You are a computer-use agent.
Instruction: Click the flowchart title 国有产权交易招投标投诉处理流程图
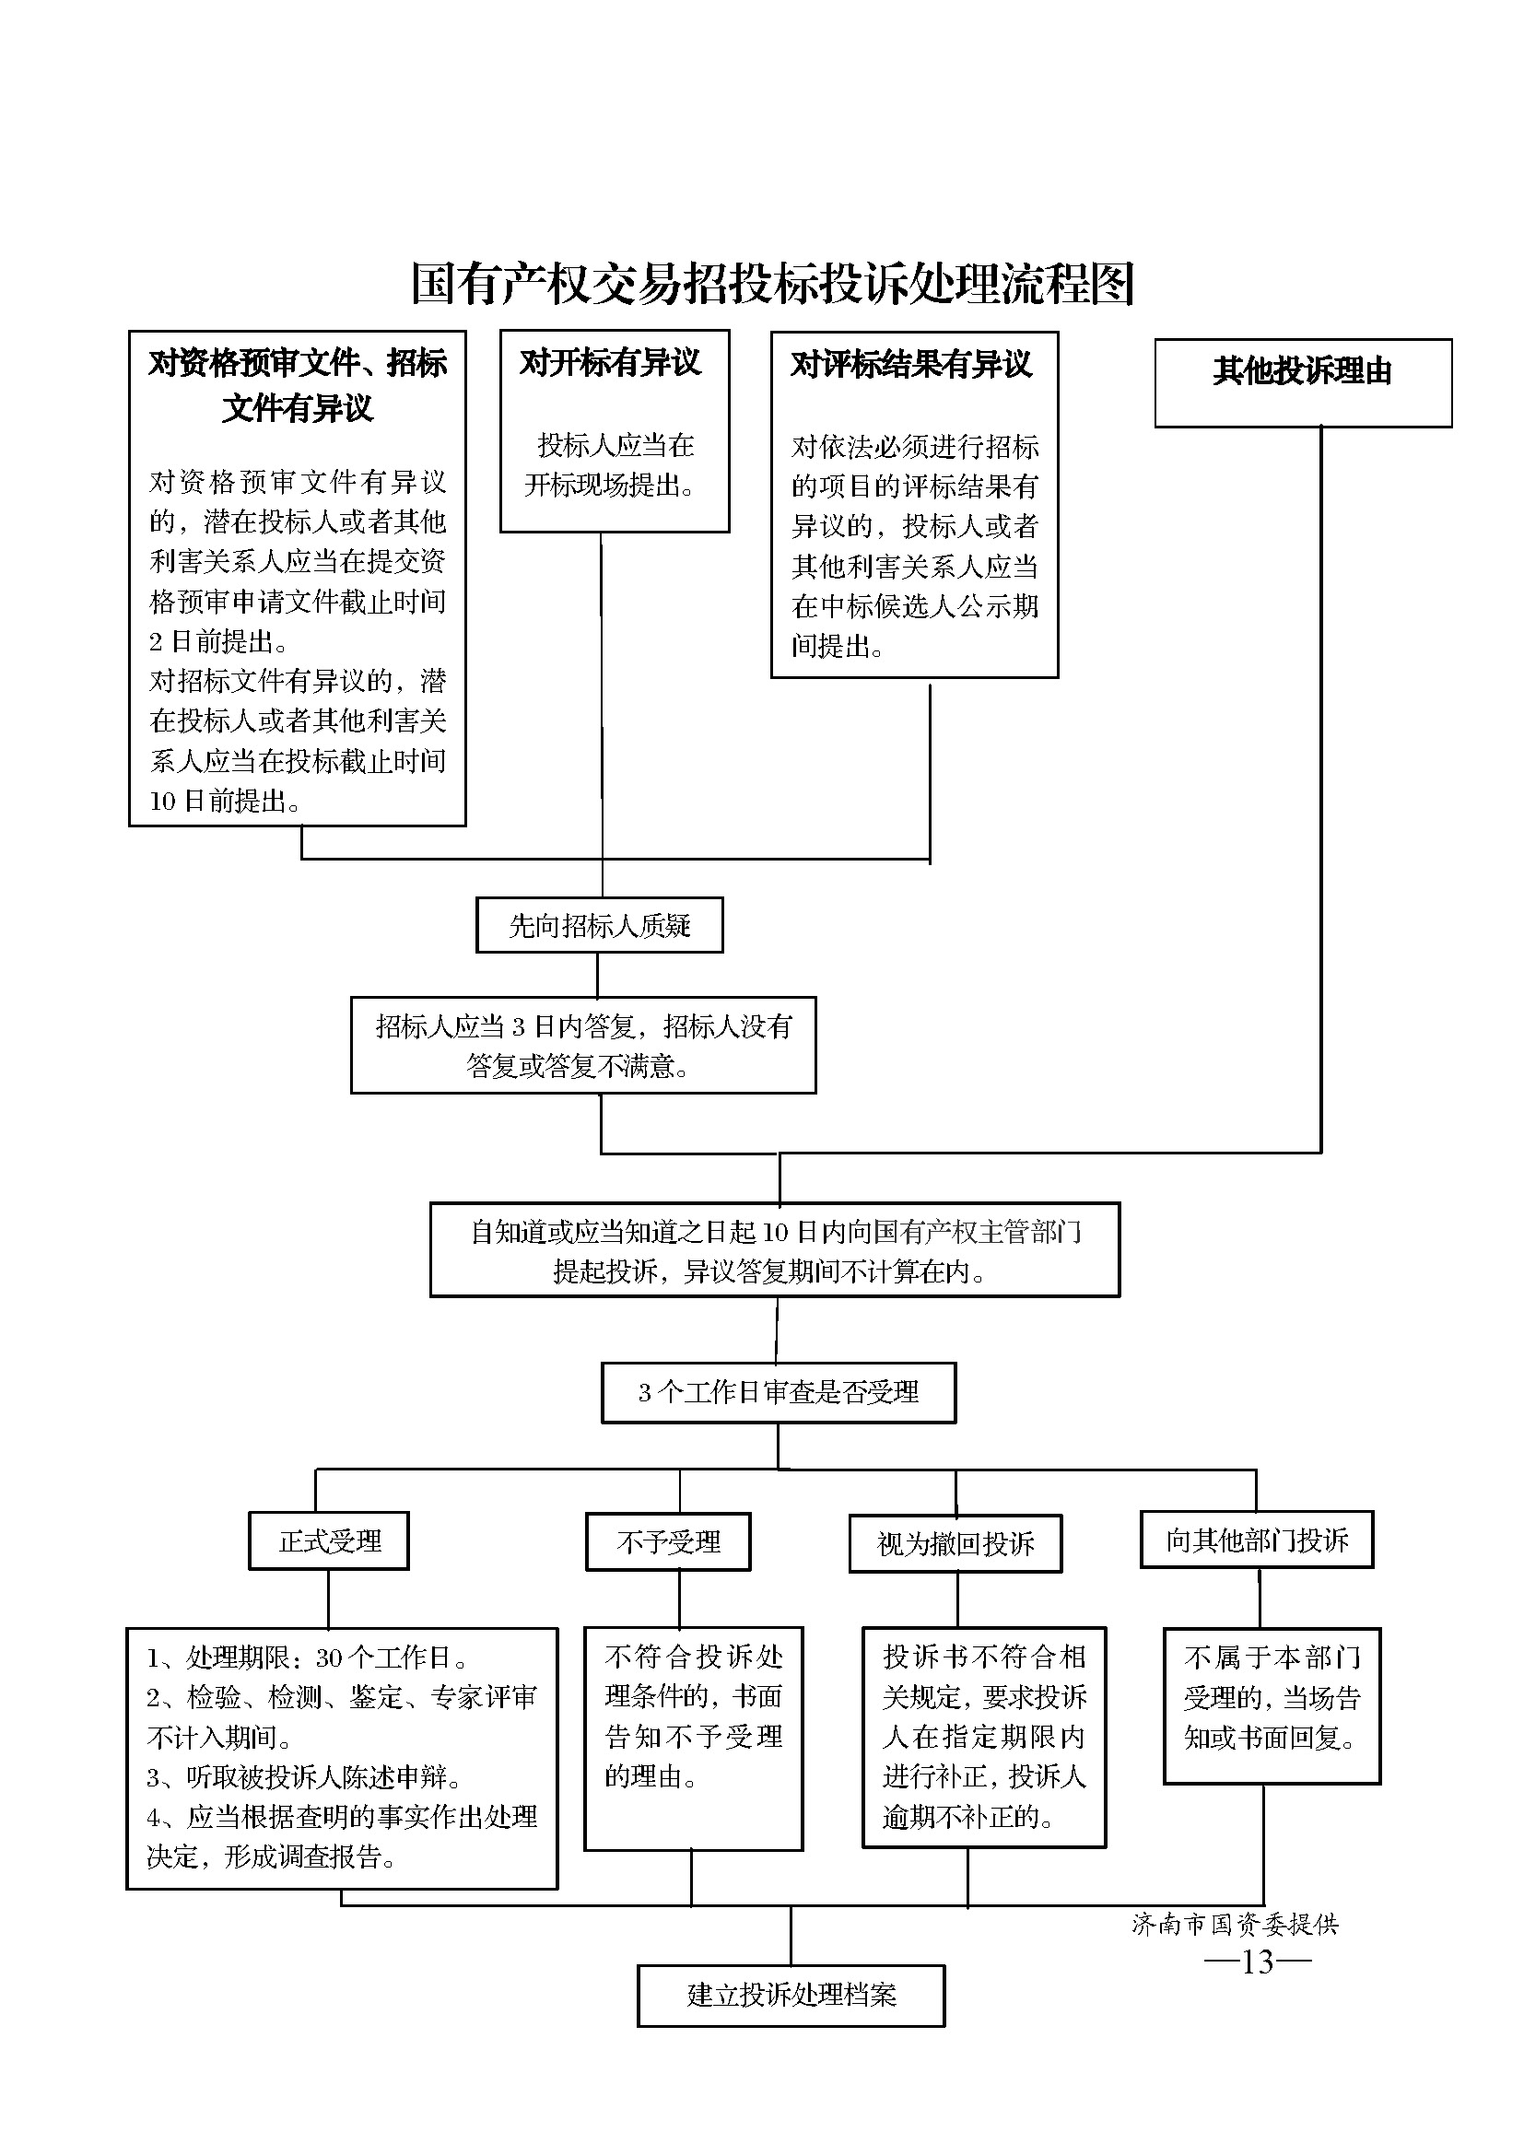773,284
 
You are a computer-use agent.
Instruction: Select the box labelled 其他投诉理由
1303,383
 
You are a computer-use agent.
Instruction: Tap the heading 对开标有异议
610,362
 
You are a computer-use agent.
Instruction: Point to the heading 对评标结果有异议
911,364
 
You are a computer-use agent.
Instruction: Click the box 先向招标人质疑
600,925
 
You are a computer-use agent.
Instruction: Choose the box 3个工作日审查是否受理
778,1393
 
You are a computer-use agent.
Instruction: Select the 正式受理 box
328,1541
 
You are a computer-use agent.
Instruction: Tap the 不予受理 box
668,1542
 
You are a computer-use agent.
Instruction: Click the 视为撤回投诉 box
955,1544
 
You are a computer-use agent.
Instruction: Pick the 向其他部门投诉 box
1257,1540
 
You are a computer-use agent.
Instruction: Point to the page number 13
1258,1961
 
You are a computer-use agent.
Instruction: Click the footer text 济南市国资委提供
1235,1924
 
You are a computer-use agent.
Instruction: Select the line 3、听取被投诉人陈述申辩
304,1777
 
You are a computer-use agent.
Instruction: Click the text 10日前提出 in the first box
225,801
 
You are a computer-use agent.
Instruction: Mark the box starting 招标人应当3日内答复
583,1046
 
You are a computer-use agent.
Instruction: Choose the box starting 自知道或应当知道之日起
775,1250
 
